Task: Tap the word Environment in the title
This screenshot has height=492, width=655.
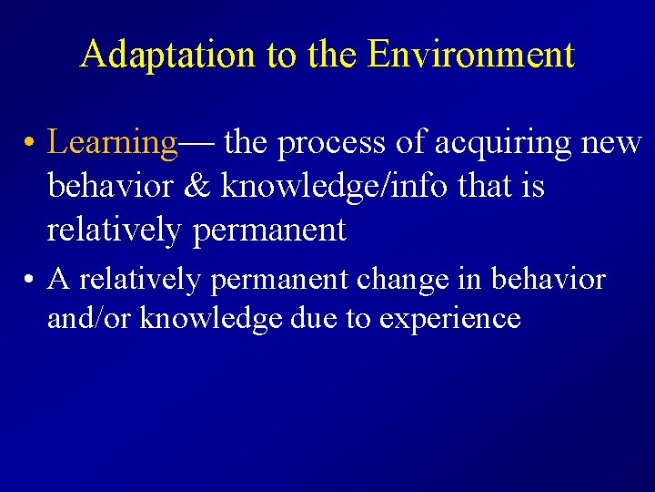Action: point(471,55)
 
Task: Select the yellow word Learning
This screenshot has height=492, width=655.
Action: point(113,143)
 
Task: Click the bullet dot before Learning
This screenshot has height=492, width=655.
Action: point(31,144)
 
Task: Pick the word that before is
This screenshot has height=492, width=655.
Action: point(463,187)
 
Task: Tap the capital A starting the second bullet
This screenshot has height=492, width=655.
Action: point(59,280)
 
